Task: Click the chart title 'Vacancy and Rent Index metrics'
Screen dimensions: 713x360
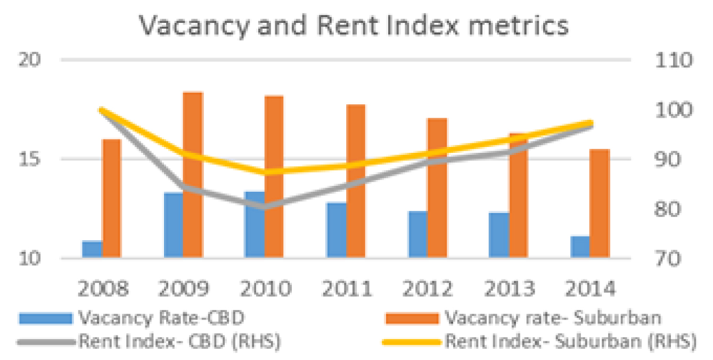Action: click(354, 26)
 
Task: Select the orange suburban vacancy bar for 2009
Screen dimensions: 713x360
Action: click(193, 175)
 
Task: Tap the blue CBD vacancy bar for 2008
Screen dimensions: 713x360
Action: click(92, 249)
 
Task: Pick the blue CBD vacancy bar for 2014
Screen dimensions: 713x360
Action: click(580, 247)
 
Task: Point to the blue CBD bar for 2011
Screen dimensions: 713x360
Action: click(336, 230)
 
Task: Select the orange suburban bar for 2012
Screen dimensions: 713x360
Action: click(437, 188)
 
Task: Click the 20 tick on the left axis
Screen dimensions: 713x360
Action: click(30, 60)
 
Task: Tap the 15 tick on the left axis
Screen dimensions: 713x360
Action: click(30, 159)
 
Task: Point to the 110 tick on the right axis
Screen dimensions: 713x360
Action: click(673, 60)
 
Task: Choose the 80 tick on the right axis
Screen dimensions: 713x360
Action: click(668, 209)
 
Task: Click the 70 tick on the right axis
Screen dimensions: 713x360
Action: click(668, 258)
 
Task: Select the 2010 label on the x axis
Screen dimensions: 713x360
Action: click(266, 289)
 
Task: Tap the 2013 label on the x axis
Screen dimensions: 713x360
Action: click(510, 289)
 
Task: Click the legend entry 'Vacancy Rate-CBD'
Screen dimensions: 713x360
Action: click(132, 318)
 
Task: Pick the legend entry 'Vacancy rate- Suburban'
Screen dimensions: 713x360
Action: click(523, 318)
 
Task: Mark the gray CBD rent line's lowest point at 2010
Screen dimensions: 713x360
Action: click(265, 207)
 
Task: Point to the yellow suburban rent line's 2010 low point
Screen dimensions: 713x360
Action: click(266, 172)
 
